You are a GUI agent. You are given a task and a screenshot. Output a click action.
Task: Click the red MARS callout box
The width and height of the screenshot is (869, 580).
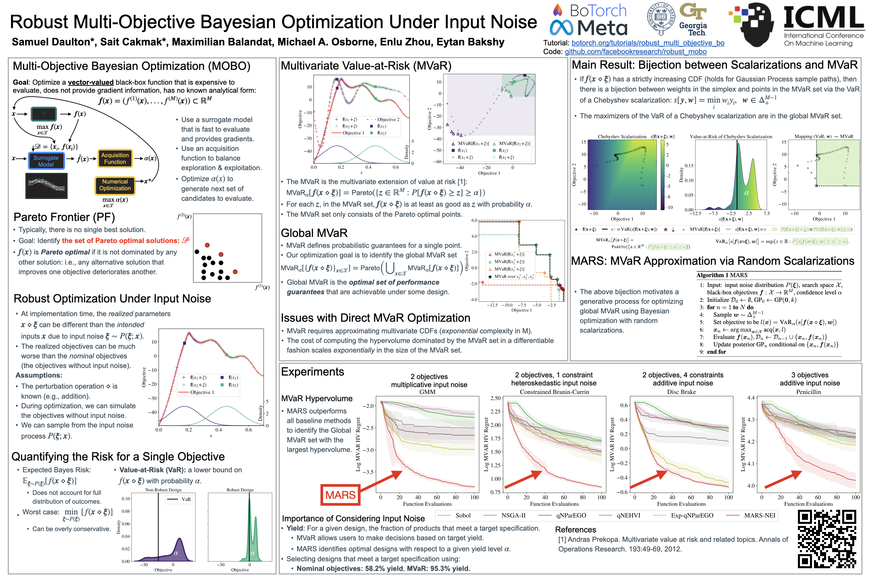click(340, 494)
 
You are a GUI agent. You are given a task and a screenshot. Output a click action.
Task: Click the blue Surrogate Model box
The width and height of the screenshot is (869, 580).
click(46, 161)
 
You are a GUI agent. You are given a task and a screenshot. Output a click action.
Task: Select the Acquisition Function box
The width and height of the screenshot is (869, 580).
click(115, 158)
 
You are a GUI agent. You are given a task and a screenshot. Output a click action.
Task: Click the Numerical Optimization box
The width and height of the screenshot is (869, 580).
click(115, 185)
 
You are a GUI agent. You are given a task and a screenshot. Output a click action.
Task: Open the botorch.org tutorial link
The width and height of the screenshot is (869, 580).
click(648, 43)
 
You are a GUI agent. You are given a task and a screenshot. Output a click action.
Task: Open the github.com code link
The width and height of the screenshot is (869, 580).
click(636, 52)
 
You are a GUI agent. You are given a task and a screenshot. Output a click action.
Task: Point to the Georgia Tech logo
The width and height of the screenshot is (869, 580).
click(693, 19)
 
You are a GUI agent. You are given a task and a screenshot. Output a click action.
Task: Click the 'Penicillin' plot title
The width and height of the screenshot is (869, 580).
click(808, 392)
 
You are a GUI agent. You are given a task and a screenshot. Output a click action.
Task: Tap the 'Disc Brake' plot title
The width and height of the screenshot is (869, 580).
click(681, 392)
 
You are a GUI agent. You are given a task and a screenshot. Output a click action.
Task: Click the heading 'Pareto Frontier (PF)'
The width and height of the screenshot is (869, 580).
click(64, 217)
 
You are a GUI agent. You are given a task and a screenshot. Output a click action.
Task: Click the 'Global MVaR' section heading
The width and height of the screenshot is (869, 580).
click(314, 233)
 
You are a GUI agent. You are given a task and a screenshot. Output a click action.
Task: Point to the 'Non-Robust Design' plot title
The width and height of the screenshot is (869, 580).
click(163, 490)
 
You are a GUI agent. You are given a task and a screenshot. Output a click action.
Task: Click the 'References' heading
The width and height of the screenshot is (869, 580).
click(575, 530)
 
